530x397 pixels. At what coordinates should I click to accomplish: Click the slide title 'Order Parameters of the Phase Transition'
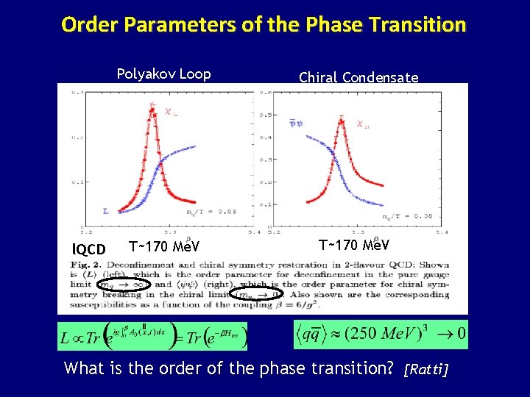[x=264, y=25]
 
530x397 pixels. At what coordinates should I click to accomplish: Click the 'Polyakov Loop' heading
[x=163, y=74]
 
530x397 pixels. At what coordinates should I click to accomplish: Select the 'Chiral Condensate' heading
[x=358, y=77]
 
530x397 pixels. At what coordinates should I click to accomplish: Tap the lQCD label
[x=89, y=249]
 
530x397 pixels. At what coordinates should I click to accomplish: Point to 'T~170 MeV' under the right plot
[x=354, y=244]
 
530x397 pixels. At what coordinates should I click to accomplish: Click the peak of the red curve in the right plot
[x=341, y=121]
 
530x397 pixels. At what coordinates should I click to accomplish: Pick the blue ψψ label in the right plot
[x=296, y=124]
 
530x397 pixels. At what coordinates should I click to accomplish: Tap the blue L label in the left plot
[x=105, y=211]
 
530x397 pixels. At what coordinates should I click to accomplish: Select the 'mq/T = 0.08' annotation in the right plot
[x=407, y=216]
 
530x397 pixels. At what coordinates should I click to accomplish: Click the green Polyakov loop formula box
[x=152, y=336]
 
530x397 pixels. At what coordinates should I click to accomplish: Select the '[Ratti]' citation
[x=426, y=368]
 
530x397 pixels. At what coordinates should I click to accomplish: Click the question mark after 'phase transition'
[x=390, y=367]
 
